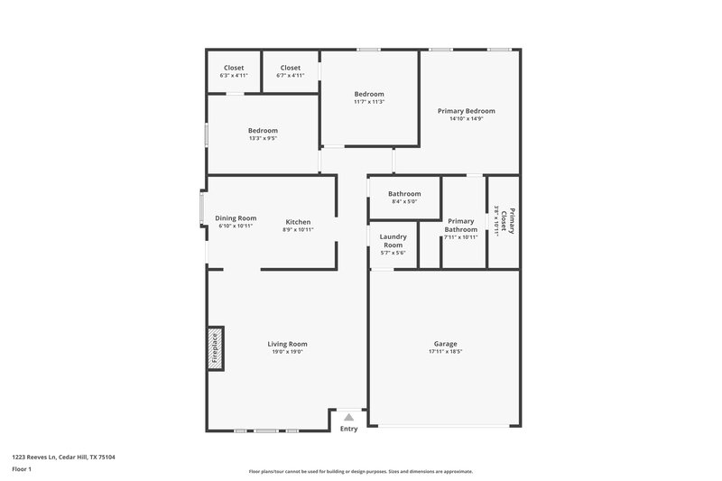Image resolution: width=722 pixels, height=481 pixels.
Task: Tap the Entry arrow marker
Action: click(348, 417)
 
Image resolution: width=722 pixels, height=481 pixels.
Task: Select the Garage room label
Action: click(445, 344)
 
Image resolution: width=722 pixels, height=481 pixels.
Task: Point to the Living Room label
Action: click(287, 344)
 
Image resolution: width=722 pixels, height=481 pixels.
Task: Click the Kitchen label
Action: click(298, 222)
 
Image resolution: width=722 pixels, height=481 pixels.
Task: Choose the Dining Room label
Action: click(236, 217)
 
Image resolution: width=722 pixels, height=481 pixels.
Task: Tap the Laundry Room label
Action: click(392, 241)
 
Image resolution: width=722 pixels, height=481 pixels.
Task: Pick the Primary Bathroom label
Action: click(460, 225)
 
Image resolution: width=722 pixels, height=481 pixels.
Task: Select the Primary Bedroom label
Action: click(466, 111)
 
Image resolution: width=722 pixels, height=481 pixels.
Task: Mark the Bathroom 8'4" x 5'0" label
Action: click(404, 194)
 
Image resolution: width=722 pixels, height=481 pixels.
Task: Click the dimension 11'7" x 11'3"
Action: click(369, 102)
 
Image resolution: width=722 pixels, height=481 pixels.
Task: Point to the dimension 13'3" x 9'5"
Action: click(263, 138)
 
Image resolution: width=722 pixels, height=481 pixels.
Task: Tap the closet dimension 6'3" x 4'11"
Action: click(233, 75)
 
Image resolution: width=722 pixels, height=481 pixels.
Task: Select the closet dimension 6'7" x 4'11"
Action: click(290, 75)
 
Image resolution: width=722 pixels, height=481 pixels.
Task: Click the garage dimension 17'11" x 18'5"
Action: click(445, 352)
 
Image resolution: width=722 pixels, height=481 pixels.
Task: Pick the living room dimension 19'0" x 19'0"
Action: click(287, 352)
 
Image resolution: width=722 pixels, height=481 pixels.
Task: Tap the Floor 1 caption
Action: click(22, 469)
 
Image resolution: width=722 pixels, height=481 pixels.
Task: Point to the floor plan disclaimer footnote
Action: click(360, 471)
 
